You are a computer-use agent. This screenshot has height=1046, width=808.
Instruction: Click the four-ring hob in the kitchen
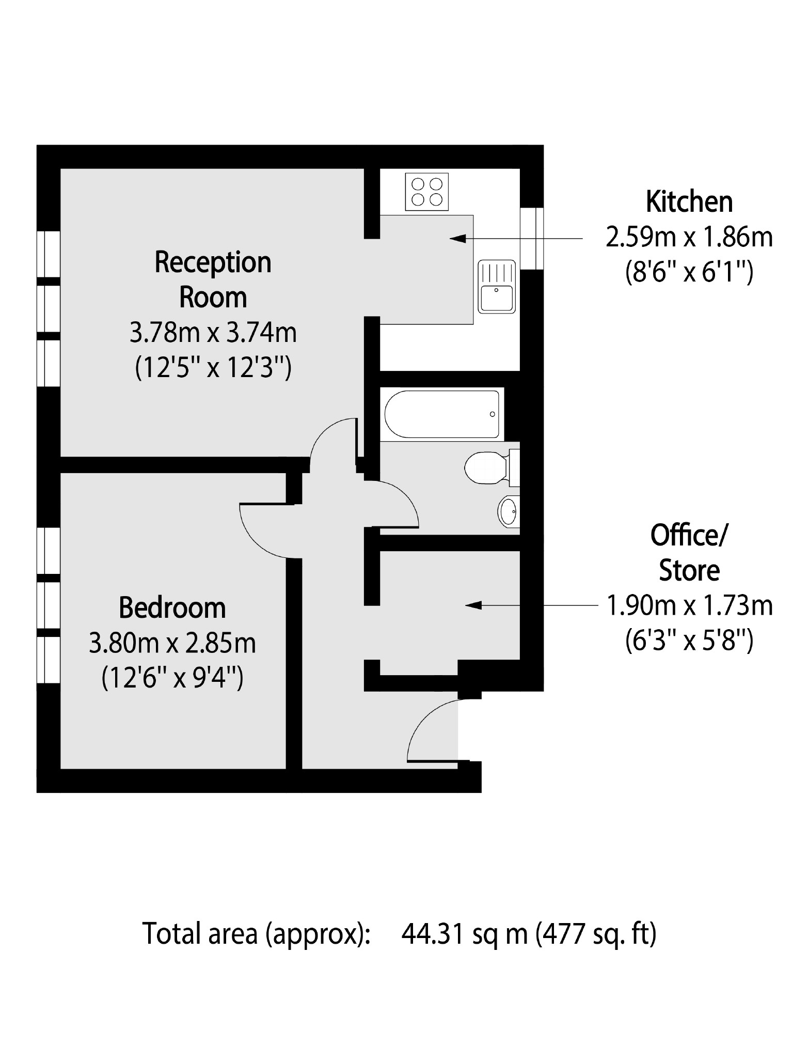coord(427,192)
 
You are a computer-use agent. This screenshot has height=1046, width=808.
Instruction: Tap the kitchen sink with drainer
coord(497,287)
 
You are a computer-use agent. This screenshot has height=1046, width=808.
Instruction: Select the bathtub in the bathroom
coord(441,414)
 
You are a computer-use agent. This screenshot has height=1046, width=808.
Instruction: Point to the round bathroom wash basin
coord(509,511)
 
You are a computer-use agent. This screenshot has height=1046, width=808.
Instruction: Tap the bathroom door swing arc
coord(398,504)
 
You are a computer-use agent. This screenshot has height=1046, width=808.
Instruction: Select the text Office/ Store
coord(689,553)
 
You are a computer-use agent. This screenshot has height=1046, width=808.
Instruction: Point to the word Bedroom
coord(172,608)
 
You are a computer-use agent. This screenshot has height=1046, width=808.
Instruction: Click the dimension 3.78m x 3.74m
coord(213,333)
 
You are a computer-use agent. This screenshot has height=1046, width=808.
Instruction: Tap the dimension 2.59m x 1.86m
coord(689,238)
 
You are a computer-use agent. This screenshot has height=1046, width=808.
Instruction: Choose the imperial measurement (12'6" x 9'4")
coord(172,678)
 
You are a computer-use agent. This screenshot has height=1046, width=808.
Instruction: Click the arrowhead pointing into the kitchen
coord(457,239)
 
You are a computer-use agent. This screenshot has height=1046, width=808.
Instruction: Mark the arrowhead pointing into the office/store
coord(472,605)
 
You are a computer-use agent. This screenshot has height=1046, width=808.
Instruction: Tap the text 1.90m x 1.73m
coord(689,606)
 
